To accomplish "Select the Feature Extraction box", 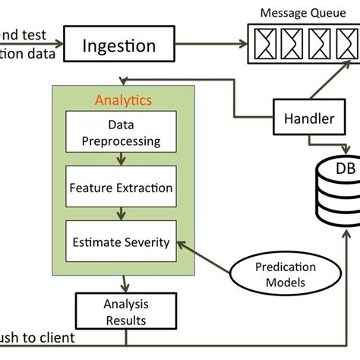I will [122, 187].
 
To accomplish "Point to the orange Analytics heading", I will [122, 99].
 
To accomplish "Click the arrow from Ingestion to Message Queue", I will [213, 46].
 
